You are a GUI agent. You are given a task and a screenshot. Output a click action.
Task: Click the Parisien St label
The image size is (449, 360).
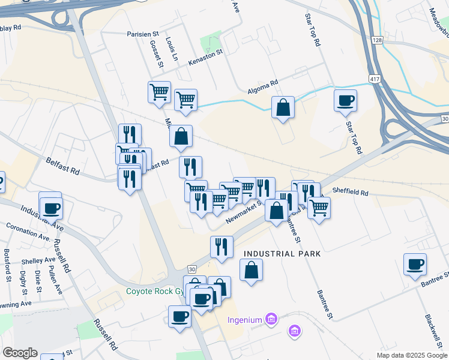[142, 34]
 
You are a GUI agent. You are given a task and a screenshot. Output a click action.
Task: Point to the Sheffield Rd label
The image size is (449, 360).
[349, 192]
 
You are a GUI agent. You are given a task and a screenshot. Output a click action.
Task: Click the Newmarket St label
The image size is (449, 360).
[243, 212]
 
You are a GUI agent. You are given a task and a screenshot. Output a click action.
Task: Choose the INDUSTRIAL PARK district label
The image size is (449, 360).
[282, 254]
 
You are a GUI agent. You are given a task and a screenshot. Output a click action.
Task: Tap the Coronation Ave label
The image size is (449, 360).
[28, 232]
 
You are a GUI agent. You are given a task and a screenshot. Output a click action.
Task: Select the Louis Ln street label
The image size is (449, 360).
[172, 50]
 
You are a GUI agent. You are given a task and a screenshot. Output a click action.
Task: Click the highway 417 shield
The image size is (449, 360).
[375, 79]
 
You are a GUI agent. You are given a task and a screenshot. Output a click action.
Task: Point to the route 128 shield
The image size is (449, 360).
[376, 40]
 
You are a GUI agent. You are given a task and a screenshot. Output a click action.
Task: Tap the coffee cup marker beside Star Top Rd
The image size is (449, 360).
[345, 101]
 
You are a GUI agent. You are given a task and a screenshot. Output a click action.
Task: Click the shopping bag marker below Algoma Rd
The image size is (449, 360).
[283, 108]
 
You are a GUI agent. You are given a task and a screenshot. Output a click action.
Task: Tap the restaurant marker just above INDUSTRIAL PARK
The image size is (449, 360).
[221, 247]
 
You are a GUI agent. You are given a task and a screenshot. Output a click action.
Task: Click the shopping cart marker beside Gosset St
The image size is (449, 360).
[159, 93]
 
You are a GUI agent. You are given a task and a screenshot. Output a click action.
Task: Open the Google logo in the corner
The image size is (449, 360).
[20, 353]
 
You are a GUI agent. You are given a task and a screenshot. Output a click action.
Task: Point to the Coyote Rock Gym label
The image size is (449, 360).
[154, 292]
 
